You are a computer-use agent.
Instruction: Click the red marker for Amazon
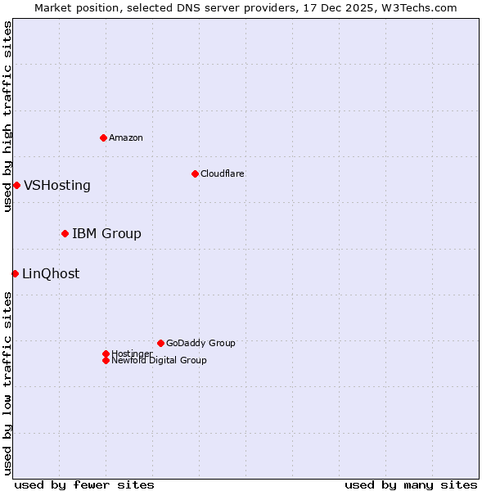click(x=103, y=137)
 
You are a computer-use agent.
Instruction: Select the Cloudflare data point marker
click(x=195, y=173)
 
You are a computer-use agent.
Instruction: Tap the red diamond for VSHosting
click(x=16, y=185)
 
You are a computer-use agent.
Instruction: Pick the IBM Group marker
click(x=65, y=233)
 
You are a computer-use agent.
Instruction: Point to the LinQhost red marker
click(x=15, y=273)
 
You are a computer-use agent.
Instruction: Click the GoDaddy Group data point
click(x=160, y=343)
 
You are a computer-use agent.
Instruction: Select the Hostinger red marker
click(x=106, y=354)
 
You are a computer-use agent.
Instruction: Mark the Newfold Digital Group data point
click(x=106, y=360)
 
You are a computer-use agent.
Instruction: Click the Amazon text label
click(x=125, y=137)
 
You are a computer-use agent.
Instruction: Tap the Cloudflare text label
click(x=222, y=173)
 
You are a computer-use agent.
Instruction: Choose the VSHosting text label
click(x=56, y=185)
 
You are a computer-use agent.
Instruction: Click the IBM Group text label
click(x=106, y=233)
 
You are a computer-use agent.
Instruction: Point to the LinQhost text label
click(x=51, y=273)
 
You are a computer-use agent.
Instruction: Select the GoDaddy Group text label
click(x=200, y=343)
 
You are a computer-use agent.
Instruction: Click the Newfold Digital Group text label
click(x=159, y=361)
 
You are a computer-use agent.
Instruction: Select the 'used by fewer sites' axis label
click(x=84, y=484)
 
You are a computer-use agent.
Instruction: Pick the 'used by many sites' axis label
click(x=411, y=484)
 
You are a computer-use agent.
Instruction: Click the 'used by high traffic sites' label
click(x=7, y=116)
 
